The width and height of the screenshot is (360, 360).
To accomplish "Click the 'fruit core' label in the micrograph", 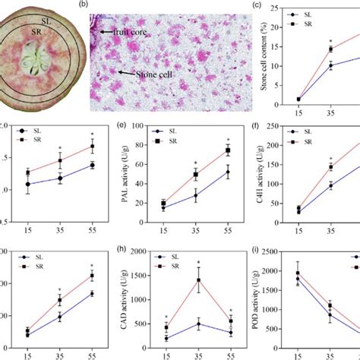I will coord(125,33).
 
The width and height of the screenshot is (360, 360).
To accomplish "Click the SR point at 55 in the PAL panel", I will coord(228,150).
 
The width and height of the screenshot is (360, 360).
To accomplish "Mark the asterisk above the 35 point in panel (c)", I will coord(330,41).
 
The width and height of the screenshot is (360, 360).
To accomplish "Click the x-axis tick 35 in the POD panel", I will coord(331,354).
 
